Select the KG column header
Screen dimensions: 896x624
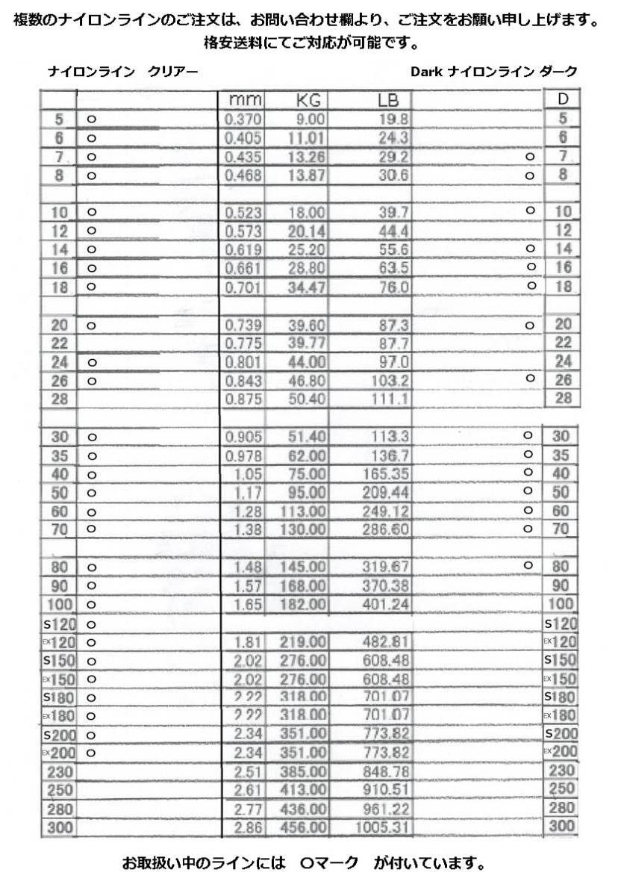pyautogui.click(x=307, y=100)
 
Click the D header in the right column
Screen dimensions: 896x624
pyautogui.click(x=562, y=99)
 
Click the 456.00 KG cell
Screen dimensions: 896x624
pyautogui.click(x=303, y=827)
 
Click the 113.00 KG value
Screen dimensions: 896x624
pyautogui.click(x=303, y=511)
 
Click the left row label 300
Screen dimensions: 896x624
pyautogui.click(x=57, y=827)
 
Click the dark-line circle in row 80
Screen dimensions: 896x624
pyautogui.click(x=528, y=565)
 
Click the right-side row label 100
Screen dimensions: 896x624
pyautogui.click(x=561, y=604)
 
